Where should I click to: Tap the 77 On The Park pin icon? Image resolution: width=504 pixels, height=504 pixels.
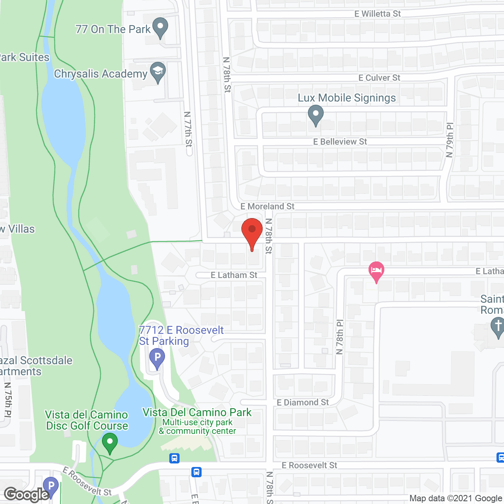tap(160, 28)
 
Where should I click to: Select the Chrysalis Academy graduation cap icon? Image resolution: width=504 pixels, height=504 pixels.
tap(157, 72)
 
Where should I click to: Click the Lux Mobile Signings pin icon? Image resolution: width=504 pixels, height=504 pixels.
tap(315, 115)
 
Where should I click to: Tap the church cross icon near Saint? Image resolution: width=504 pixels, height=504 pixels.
tap(498, 327)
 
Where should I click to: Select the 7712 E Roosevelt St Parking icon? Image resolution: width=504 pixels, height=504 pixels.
tap(157, 359)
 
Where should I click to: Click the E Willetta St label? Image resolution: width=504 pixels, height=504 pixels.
tap(377, 14)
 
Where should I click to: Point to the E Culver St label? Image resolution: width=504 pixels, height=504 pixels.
tap(379, 78)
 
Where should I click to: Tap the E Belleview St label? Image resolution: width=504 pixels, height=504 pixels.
tap(340, 142)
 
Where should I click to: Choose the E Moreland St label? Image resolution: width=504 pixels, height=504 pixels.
tap(267, 206)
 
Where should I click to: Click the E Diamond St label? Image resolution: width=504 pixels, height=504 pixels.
tap(302, 402)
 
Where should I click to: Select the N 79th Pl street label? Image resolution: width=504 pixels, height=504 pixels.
tap(450, 140)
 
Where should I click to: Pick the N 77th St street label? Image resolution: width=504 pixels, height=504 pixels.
tap(188, 129)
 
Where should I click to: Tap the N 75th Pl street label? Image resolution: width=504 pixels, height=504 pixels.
tap(8, 400)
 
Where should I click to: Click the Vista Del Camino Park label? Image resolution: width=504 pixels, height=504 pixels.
tap(197, 412)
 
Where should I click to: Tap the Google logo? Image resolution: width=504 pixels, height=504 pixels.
tap(27, 495)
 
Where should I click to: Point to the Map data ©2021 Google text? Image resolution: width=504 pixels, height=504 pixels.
tap(456, 498)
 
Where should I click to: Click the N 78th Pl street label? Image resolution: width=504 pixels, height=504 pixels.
tap(340, 337)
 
